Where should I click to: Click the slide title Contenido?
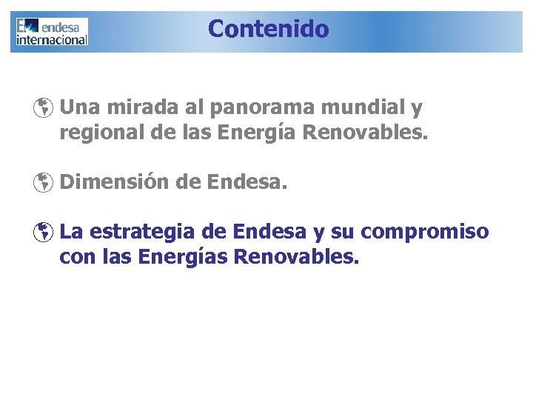pos(268,29)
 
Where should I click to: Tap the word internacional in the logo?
pos(52,39)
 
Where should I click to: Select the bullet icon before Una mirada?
pos(44,109)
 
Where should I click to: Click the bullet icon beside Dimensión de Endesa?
pos(44,182)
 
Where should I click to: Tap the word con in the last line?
pos(75,258)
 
